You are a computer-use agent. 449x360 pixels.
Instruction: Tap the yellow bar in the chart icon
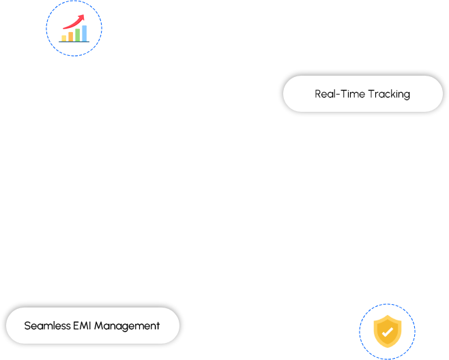point(64,38)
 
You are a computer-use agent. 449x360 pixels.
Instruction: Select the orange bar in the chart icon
point(71,37)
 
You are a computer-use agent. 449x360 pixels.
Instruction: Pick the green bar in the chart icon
point(78,35)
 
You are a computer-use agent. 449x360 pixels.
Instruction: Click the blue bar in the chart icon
point(85,33)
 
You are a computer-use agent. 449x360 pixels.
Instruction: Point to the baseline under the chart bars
point(74,42)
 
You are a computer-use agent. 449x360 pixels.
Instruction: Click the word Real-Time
point(340,94)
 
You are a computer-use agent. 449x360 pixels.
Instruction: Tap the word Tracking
point(389,95)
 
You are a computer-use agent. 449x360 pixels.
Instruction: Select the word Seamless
point(48,326)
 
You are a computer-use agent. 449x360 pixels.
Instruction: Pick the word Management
point(127,326)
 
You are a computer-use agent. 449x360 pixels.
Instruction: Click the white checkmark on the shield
point(388,332)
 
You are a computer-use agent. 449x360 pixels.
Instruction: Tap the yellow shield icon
point(388,331)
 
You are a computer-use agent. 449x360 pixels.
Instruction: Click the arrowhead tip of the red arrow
point(84,15)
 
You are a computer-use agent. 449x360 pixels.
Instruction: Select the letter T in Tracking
point(371,94)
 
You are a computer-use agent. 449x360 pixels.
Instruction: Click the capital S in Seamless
point(27,326)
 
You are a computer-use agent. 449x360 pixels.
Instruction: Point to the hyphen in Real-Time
point(338,94)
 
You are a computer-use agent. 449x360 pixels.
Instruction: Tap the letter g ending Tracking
point(407,95)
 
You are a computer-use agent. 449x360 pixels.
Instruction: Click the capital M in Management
point(100,326)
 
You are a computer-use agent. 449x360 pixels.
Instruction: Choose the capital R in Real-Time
point(318,94)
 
